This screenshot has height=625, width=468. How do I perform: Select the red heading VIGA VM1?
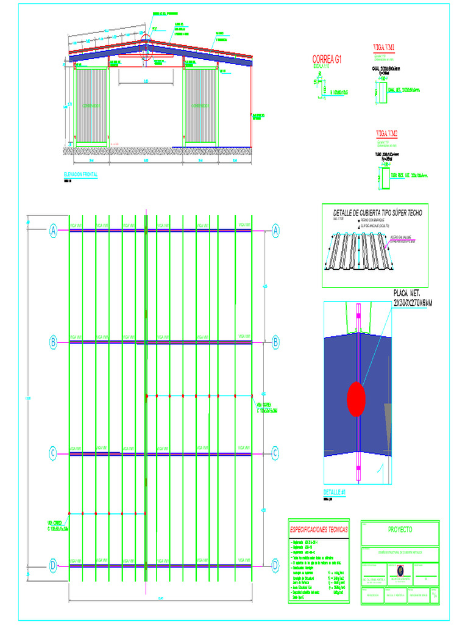point(384,47)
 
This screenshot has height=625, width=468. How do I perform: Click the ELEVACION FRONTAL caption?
point(80,175)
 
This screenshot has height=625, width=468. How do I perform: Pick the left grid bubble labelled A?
point(54,231)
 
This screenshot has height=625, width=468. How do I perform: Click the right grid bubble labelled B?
point(275,342)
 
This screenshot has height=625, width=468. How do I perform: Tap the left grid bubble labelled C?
point(54,453)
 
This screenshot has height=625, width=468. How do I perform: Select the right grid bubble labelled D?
point(275,566)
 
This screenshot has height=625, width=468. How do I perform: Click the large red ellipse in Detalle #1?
point(356,399)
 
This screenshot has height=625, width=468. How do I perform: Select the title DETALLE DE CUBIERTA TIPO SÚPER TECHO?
point(374,212)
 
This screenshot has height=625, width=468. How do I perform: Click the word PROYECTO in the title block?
point(399,529)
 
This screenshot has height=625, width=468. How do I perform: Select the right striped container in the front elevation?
point(200,105)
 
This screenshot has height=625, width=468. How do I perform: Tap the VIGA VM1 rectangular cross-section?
point(375,92)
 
